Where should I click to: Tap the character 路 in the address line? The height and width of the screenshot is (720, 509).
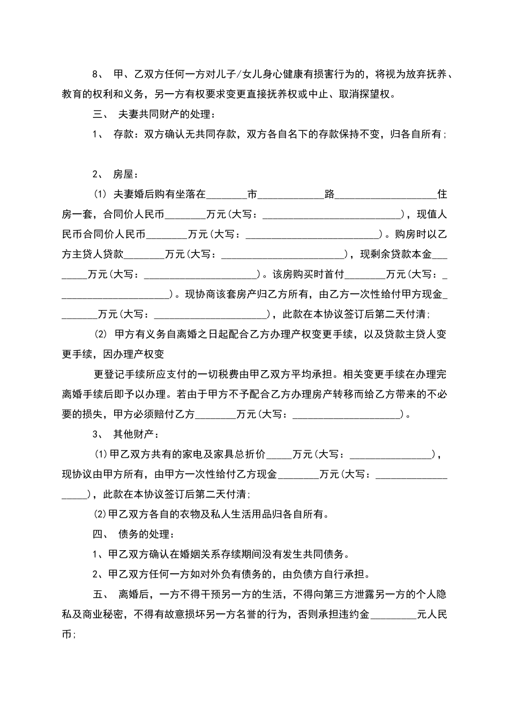[330, 194]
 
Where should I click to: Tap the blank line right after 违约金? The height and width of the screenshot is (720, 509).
[393, 616]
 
